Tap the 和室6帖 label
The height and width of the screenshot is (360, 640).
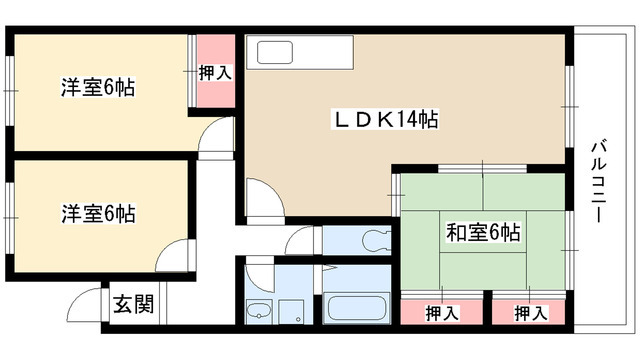pos(482,234)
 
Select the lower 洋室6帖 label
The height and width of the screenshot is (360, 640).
pos(98,213)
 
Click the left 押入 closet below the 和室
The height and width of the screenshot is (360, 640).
pos(436,313)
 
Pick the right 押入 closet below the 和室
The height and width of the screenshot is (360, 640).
pos(529,313)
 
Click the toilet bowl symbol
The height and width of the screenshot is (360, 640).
pos(375,241)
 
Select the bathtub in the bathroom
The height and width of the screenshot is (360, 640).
pos(358,307)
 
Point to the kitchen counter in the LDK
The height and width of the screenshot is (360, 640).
pos(299,52)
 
